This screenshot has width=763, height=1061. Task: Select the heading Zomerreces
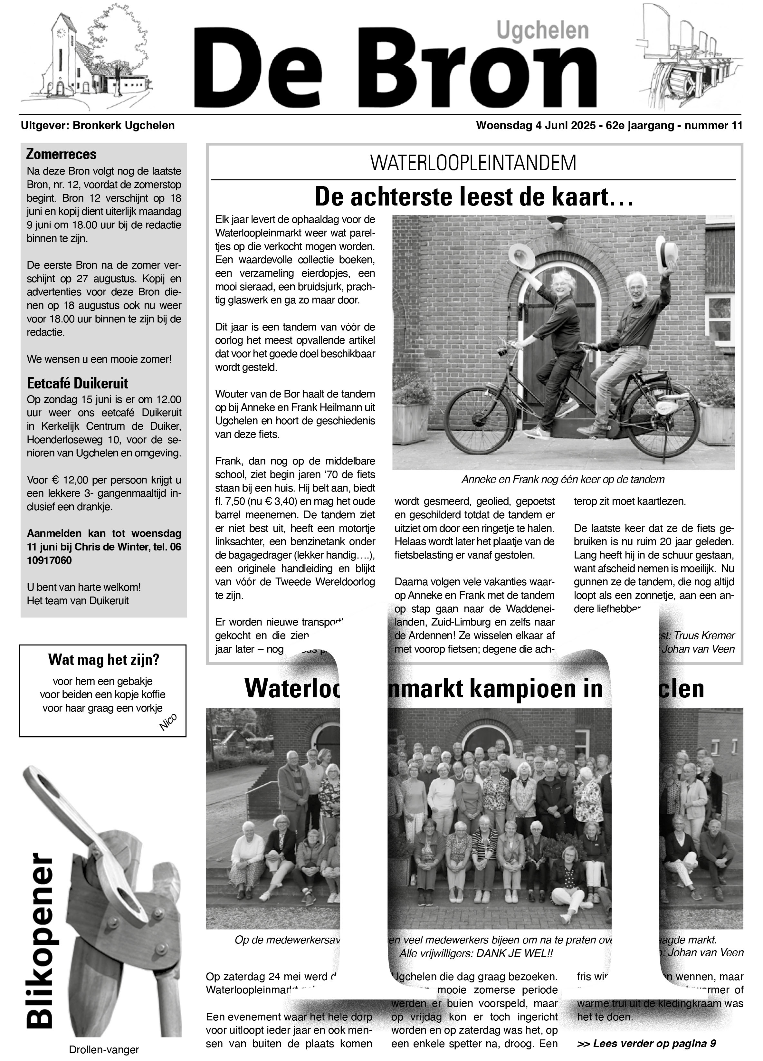[x=61, y=154]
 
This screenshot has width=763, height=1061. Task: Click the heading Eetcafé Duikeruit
[x=77, y=383]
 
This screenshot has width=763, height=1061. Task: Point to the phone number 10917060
[x=49, y=560]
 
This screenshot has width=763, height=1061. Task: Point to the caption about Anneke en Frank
[x=563, y=480]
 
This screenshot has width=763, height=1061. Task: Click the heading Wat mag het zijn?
[x=103, y=660]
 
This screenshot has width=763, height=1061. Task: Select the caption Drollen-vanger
[x=104, y=1050]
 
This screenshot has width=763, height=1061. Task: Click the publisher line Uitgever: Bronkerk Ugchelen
[x=98, y=125]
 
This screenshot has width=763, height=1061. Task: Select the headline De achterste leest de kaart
[x=473, y=196]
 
